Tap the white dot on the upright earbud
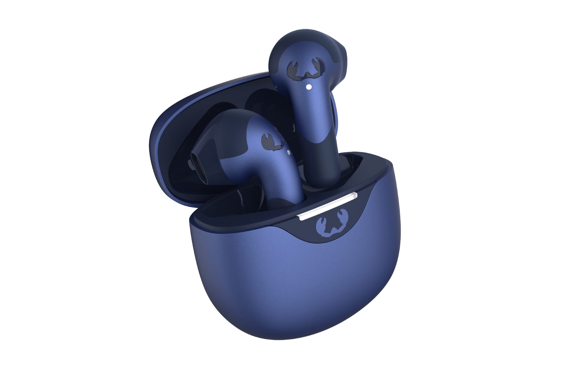308,86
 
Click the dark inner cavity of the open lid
175,140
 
